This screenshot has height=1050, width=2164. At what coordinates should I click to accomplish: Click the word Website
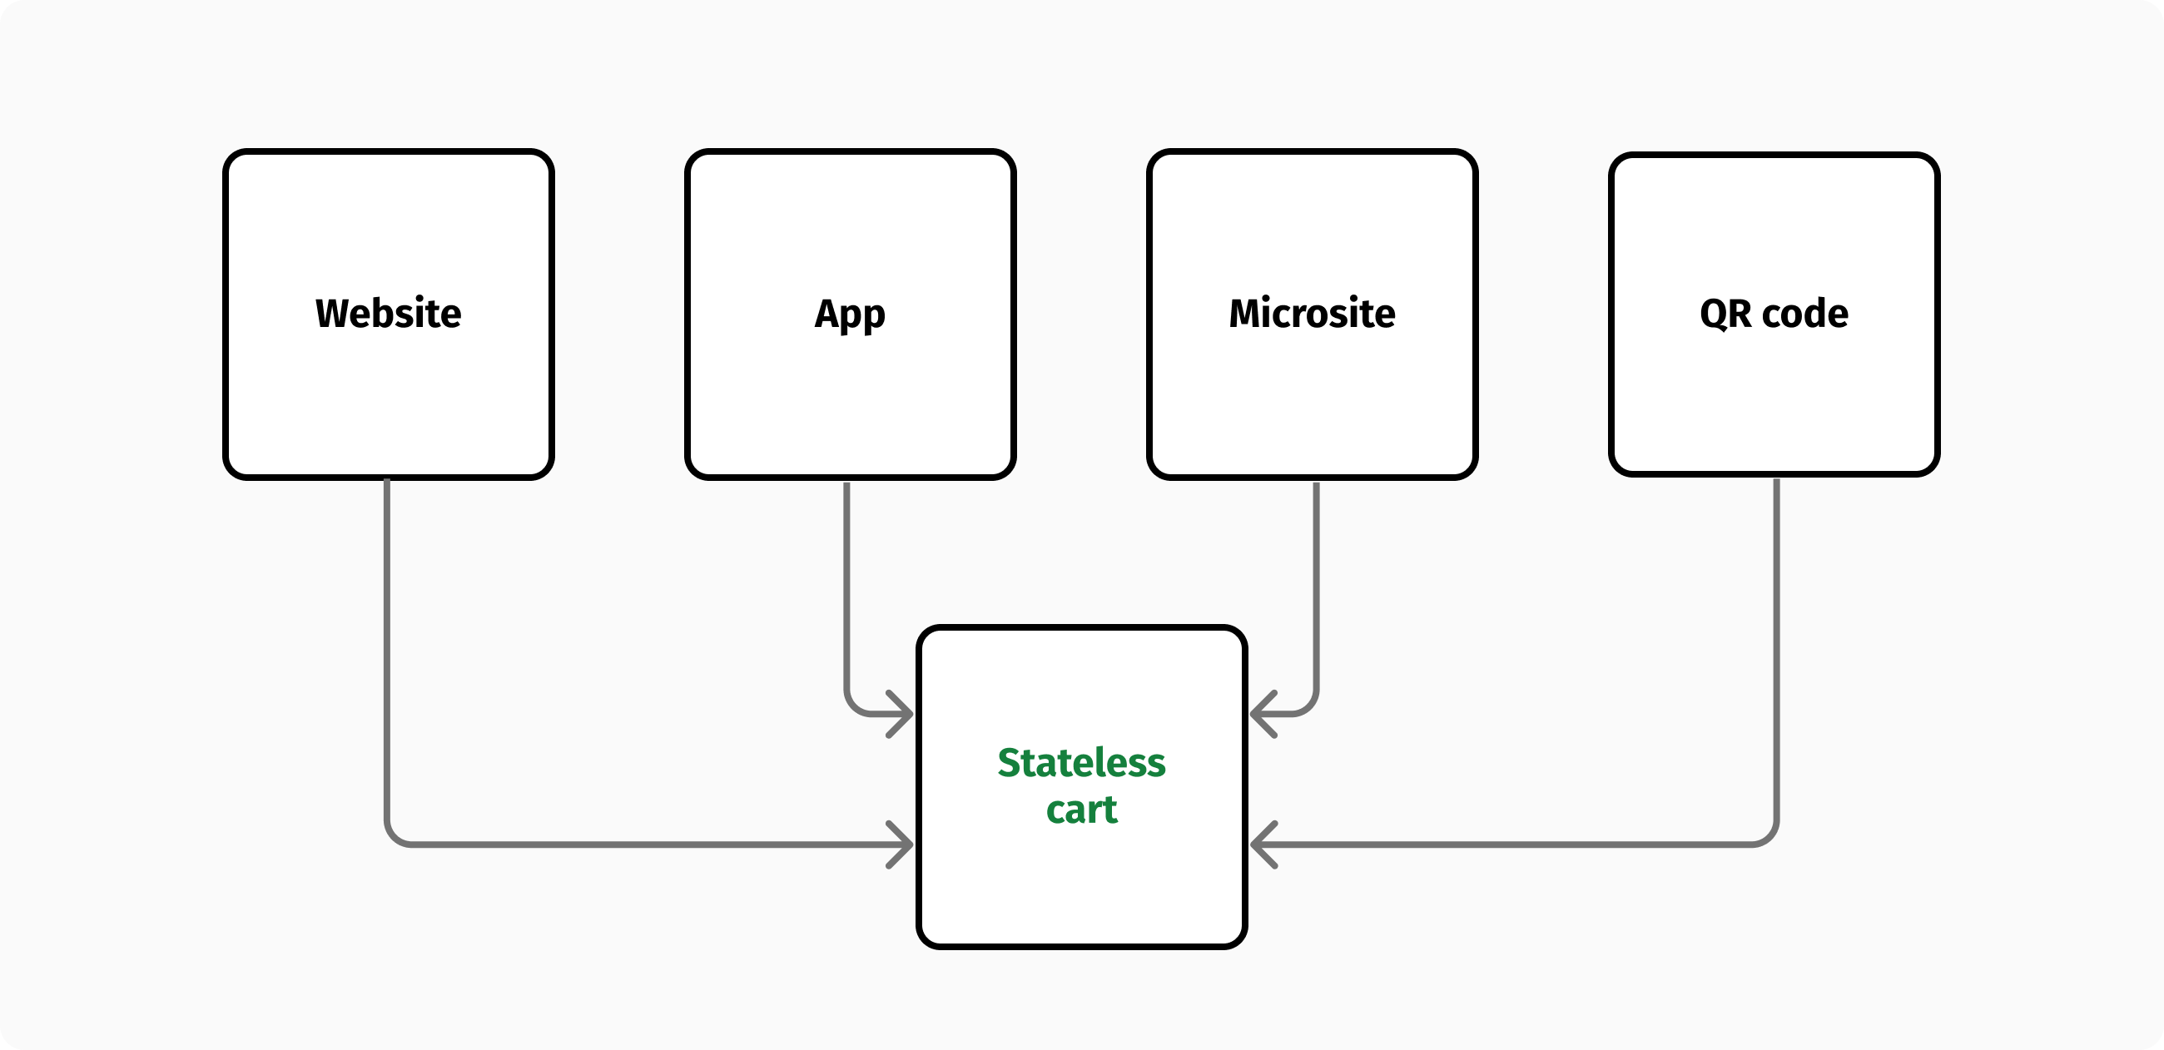click(x=388, y=314)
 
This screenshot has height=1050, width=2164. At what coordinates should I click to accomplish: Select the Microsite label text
click(x=1313, y=314)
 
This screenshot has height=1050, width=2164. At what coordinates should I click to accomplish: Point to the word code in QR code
click(x=1804, y=314)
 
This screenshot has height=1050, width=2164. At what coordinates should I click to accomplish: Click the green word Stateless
click(x=1081, y=763)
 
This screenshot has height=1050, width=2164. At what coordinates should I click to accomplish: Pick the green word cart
click(x=1081, y=810)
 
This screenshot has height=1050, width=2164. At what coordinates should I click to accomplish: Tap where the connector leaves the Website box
click(x=387, y=483)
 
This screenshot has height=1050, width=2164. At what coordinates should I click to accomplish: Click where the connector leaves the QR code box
click(x=1777, y=483)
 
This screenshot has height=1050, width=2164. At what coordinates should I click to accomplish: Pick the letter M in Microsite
click(x=1246, y=314)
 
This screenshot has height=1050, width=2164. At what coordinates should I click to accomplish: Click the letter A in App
click(x=827, y=314)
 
